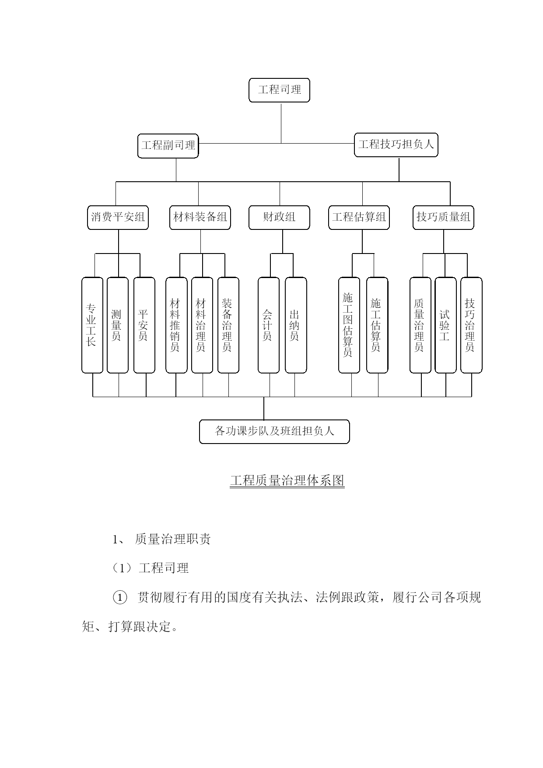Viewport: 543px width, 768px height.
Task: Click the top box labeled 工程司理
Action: pyautogui.click(x=279, y=90)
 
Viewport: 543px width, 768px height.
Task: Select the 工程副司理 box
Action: pyautogui.click(x=168, y=146)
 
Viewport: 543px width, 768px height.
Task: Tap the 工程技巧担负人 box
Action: pyautogui.click(x=396, y=145)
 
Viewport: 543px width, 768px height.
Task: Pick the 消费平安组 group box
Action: pyautogui.click(x=118, y=218)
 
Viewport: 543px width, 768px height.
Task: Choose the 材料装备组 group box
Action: pyautogui.click(x=200, y=218)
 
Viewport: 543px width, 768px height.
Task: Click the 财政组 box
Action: pyautogui.click(x=279, y=218)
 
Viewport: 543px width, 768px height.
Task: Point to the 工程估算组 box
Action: pyautogui.click(x=359, y=218)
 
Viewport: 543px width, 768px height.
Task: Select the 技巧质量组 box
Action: pyautogui.click(x=443, y=218)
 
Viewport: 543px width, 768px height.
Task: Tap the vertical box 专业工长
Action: pyautogui.click(x=92, y=325)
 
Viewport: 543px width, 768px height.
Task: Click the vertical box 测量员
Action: pyautogui.click(x=118, y=325)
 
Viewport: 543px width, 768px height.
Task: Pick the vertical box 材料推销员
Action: pyautogui.click(x=176, y=325)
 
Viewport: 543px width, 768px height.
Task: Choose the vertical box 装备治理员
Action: pyautogui.click(x=228, y=325)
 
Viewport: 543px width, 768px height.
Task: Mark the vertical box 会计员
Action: pyautogui.click(x=269, y=325)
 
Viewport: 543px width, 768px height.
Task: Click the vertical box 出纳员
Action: pyautogui.click(x=296, y=325)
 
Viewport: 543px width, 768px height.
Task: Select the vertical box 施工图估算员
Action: pyautogui.click(x=349, y=325)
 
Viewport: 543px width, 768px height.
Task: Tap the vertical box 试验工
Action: pyautogui.click(x=445, y=325)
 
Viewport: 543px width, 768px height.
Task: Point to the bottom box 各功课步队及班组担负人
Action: pyautogui.click(x=274, y=432)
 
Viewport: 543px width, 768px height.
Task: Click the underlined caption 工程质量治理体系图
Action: pyautogui.click(x=287, y=481)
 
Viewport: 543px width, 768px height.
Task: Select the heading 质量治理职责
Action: pyautogui.click(x=173, y=539)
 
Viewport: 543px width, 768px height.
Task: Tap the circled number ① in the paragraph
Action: pyautogui.click(x=120, y=598)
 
